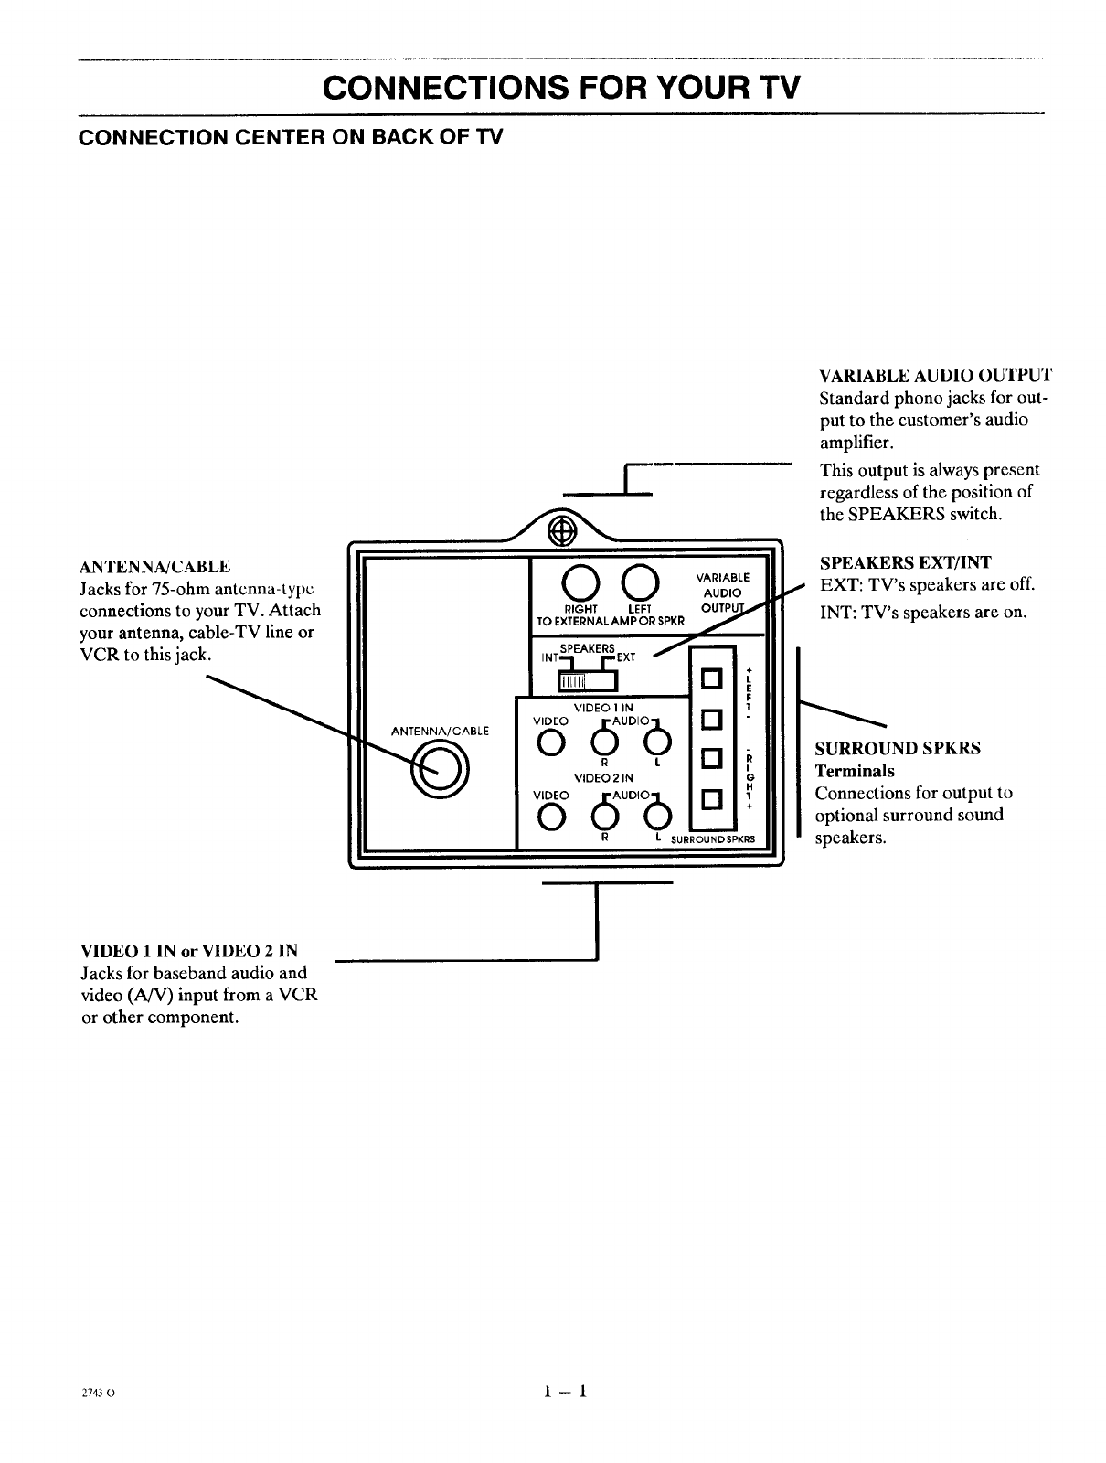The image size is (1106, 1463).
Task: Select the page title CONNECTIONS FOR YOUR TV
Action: [x=561, y=88]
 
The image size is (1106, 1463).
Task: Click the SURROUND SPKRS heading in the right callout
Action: [x=898, y=748]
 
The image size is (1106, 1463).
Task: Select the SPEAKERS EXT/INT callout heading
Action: [x=905, y=562]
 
